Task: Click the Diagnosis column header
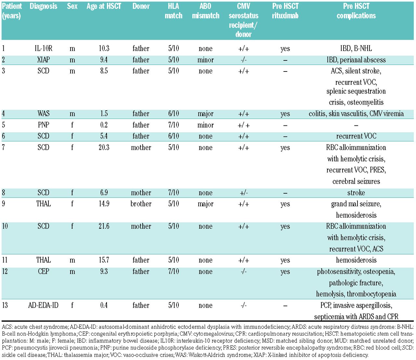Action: [x=43, y=6]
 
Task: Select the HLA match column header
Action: [x=174, y=11]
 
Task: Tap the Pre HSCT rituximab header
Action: [x=285, y=11]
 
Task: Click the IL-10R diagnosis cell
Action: [x=43, y=49]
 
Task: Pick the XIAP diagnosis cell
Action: [x=43, y=60]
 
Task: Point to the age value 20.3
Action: [x=104, y=148]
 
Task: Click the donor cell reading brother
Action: [x=141, y=204]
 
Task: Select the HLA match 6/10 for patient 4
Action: [x=174, y=114]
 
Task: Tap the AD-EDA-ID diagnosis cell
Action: [x=43, y=305]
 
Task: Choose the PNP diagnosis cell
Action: [x=43, y=125]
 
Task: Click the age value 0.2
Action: [x=104, y=125]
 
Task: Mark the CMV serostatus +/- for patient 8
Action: [x=243, y=193]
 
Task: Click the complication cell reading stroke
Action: [x=356, y=193]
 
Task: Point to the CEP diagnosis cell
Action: [x=43, y=272]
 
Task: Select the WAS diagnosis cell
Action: [x=43, y=114]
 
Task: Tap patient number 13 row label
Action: [x=5, y=305]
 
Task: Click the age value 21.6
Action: [x=104, y=226]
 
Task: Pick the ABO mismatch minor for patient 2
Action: [x=205, y=60]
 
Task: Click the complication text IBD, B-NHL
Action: [x=356, y=49]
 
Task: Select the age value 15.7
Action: [x=104, y=260]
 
